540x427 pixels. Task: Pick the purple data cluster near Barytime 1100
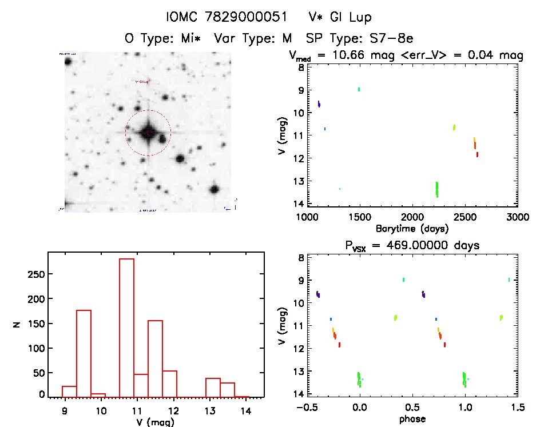(319, 104)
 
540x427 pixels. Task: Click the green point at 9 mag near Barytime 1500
(359, 89)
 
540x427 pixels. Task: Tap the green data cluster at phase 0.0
(359, 379)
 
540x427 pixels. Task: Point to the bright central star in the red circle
(148, 133)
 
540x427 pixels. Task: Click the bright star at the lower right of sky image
(215, 189)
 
